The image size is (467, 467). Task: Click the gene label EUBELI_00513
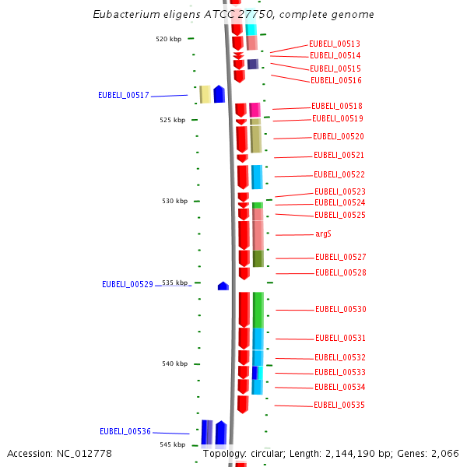[x=335, y=44]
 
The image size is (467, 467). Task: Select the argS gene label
[x=324, y=233]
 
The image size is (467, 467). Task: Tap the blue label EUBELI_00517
[x=124, y=95]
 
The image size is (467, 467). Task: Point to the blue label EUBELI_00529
[x=128, y=284]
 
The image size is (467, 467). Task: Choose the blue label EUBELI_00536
[x=125, y=431]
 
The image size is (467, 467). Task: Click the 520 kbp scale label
[x=169, y=39]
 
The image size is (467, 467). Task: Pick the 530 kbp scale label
[x=174, y=201]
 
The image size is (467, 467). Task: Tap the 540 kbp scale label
[x=174, y=363]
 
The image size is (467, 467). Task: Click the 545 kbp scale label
[x=172, y=444]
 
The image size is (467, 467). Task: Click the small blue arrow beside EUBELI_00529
[x=223, y=286]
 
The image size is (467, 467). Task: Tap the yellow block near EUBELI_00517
[x=205, y=94]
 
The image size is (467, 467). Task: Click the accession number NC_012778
[x=85, y=454]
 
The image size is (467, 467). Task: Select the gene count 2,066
[x=444, y=454]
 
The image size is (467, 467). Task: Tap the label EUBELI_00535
[x=339, y=405]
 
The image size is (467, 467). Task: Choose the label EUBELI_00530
[x=341, y=309]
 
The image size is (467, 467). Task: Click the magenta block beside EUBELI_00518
[x=255, y=110]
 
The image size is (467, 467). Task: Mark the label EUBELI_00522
[x=339, y=174]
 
